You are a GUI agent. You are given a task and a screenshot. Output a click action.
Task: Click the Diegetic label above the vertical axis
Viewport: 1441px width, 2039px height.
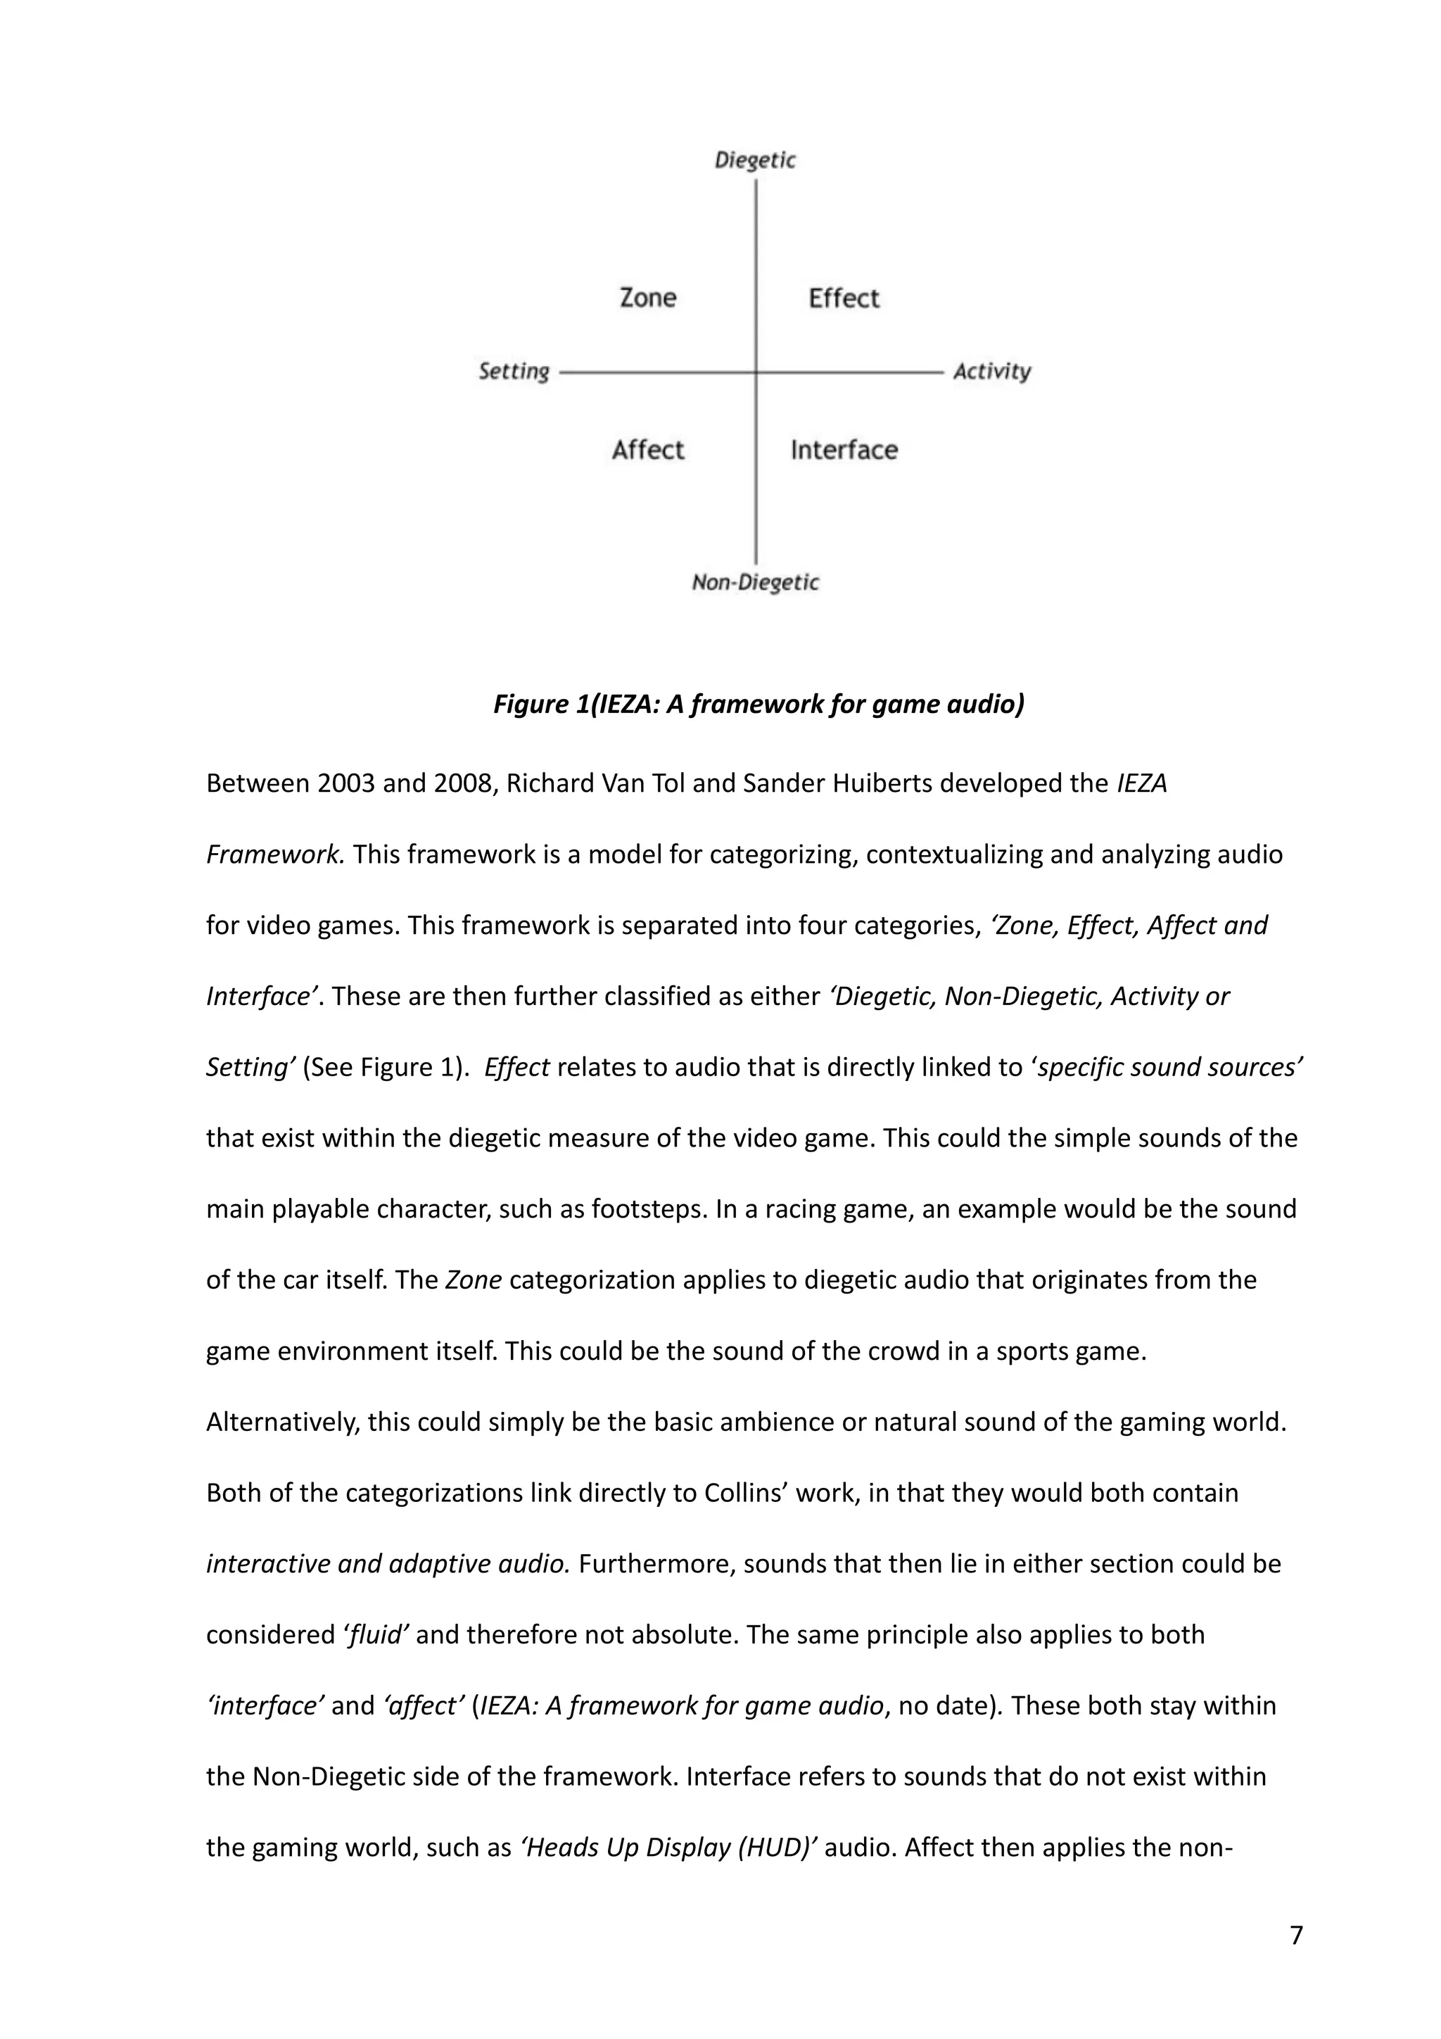(x=755, y=160)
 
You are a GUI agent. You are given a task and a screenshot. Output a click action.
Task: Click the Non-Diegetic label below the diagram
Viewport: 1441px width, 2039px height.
(x=755, y=583)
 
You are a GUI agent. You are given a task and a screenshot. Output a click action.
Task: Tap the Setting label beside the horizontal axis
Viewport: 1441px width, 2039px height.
(x=514, y=371)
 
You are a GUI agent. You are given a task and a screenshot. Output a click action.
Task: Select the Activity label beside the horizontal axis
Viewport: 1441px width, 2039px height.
(x=991, y=371)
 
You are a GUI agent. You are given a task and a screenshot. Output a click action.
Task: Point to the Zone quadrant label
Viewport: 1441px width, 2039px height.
(x=647, y=298)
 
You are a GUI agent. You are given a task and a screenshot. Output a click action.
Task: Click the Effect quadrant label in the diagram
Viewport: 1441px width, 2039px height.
(x=844, y=298)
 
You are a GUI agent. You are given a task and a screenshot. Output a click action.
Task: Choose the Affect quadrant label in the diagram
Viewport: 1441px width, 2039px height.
(x=647, y=450)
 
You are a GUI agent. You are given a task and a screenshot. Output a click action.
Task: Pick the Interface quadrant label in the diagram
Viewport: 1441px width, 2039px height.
(x=844, y=450)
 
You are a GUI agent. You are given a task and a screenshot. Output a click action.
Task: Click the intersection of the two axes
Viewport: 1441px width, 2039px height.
(x=756, y=373)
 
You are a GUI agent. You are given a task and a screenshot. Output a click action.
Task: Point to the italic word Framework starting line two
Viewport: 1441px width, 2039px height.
(x=275, y=854)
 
